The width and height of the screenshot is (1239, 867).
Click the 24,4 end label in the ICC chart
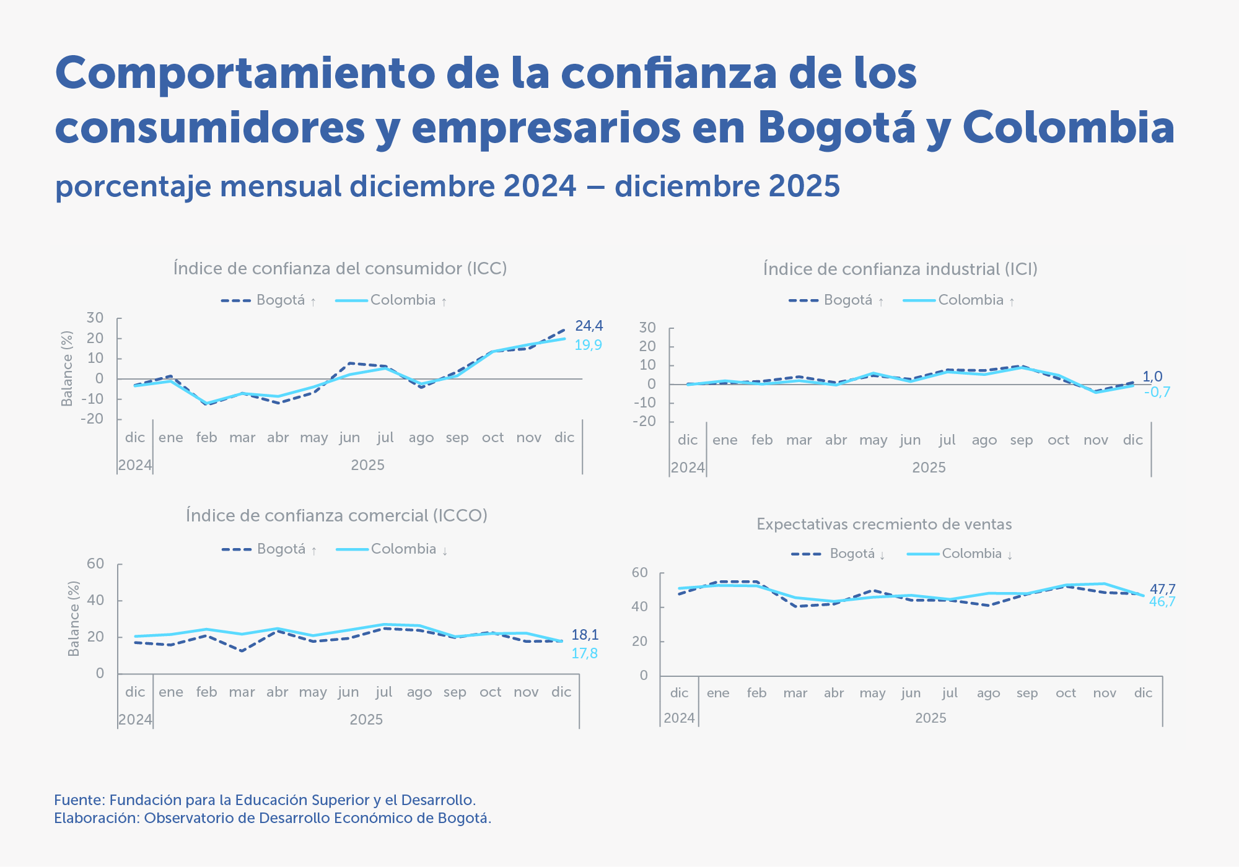[589, 326]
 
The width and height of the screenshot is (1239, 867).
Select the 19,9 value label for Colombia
[588, 345]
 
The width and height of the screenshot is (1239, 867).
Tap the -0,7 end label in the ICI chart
[1157, 392]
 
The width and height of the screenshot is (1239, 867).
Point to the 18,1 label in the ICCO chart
[585, 635]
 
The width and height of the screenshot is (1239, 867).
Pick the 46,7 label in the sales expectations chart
[1162, 602]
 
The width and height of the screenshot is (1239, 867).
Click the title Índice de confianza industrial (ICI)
[900, 269]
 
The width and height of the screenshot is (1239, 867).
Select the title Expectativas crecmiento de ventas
[884, 525]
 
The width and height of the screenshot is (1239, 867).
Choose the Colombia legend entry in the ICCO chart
[403, 549]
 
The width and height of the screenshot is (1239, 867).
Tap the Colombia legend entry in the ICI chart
[970, 300]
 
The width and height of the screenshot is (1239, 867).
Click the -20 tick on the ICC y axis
[92, 419]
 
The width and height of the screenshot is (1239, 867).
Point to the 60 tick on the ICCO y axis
[95, 564]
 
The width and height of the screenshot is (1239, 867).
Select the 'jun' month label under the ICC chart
[349, 438]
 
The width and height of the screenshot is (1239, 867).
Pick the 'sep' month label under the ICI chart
[1021, 440]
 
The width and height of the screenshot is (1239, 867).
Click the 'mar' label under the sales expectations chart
[795, 693]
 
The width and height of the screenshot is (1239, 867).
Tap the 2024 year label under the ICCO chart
[135, 720]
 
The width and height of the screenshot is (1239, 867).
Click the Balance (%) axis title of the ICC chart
[67, 368]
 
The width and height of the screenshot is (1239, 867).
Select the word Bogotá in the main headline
[836, 127]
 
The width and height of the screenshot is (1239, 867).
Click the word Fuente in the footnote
[79, 800]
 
